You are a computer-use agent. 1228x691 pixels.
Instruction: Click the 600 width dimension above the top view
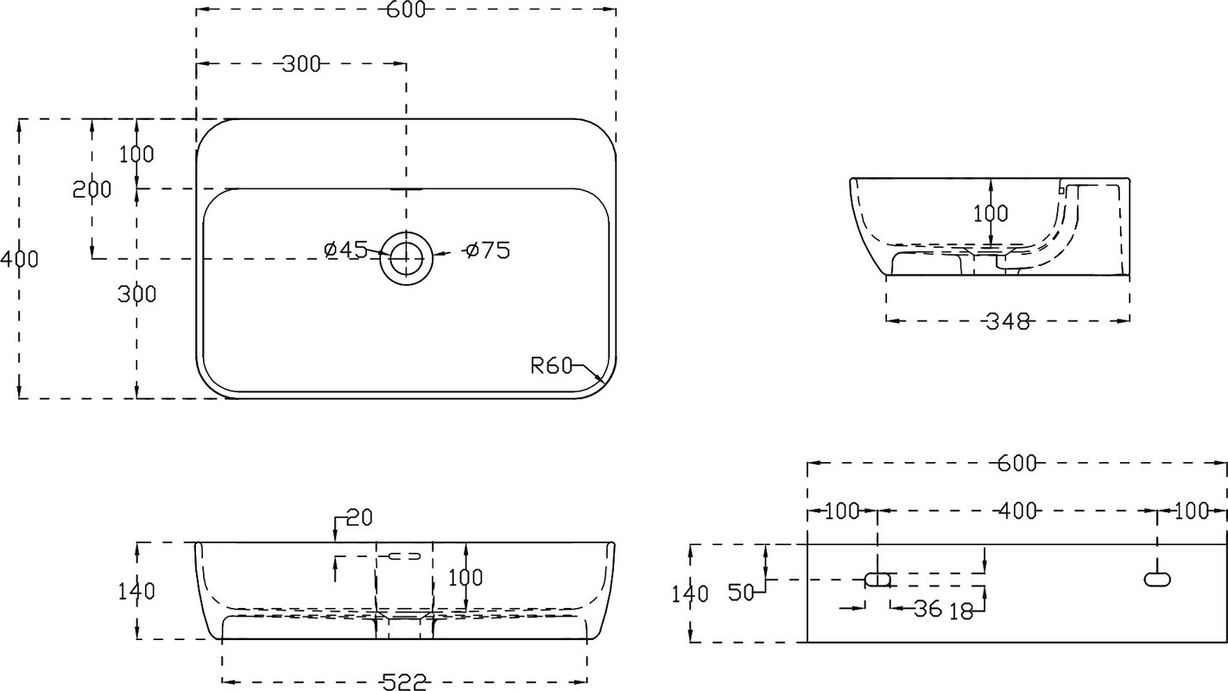[406, 10]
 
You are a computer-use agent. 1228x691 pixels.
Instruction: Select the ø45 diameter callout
[345, 250]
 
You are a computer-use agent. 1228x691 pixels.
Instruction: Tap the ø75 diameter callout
[488, 250]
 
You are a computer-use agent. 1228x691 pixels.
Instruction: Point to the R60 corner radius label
[552, 365]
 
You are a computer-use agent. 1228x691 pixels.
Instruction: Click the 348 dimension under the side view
[1008, 321]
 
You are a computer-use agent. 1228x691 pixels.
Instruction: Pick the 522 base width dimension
[404, 682]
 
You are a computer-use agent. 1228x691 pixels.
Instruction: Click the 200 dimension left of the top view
[92, 190]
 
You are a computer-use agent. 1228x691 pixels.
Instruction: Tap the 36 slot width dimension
[927, 608]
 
